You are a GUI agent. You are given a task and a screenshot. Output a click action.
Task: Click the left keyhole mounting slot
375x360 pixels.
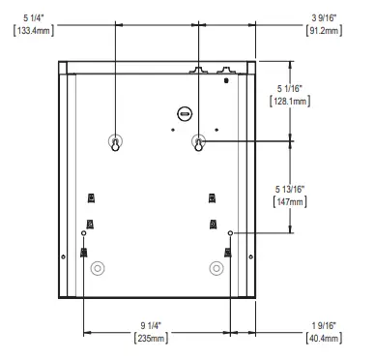(115, 141)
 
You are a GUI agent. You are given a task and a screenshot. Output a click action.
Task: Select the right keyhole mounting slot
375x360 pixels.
(198, 141)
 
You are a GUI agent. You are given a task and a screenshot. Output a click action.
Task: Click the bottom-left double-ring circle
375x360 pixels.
(97, 268)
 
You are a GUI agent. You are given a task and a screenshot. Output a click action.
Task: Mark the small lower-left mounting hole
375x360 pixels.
(84, 233)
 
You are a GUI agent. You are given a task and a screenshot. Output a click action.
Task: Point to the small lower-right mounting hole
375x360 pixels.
(230, 233)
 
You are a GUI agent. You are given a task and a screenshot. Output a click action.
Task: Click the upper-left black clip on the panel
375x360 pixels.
(91, 198)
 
